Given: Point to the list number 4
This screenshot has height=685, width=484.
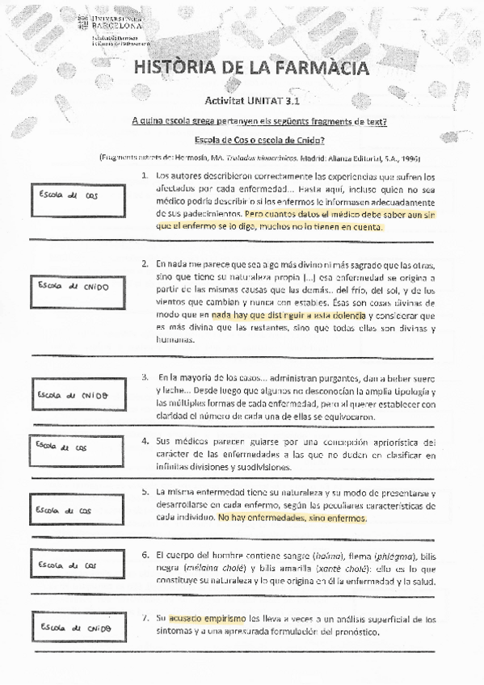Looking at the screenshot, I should [144, 441].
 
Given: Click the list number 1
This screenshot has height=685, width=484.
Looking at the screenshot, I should [144, 174].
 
